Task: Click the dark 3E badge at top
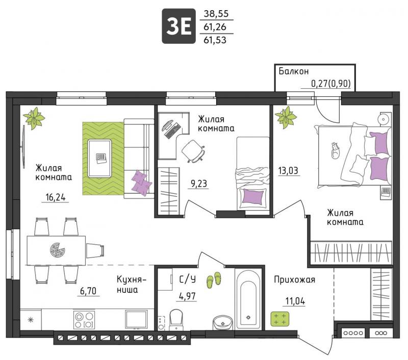[178, 26]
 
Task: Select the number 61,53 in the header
[215, 40]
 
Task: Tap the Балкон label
[294, 71]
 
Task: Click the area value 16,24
[56, 197]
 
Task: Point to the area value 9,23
[199, 184]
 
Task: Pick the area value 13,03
[288, 171]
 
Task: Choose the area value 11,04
[295, 301]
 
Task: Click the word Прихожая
[295, 279]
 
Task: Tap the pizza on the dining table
[58, 250]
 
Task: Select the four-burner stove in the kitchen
[84, 319]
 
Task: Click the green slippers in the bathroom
[214, 280]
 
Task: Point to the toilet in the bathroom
[176, 320]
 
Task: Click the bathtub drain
[248, 317]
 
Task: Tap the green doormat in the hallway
[279, 319]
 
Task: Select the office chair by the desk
[193, 151]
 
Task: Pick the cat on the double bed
[336, 150]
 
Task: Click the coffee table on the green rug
[100, 158]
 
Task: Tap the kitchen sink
[136, 319]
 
